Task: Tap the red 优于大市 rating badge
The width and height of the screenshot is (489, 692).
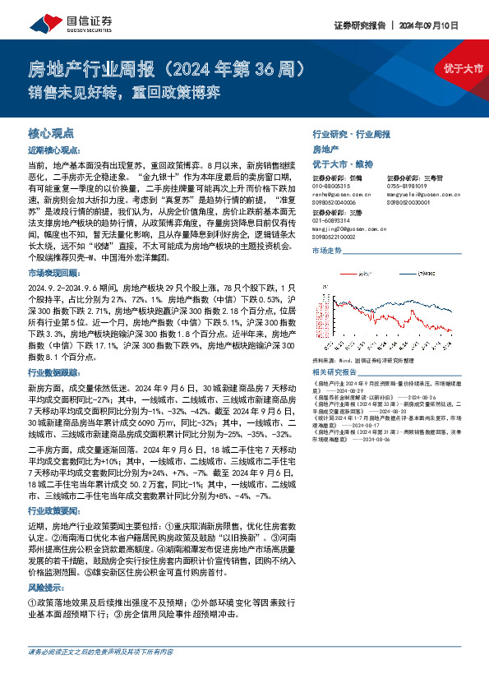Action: [462, 70]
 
